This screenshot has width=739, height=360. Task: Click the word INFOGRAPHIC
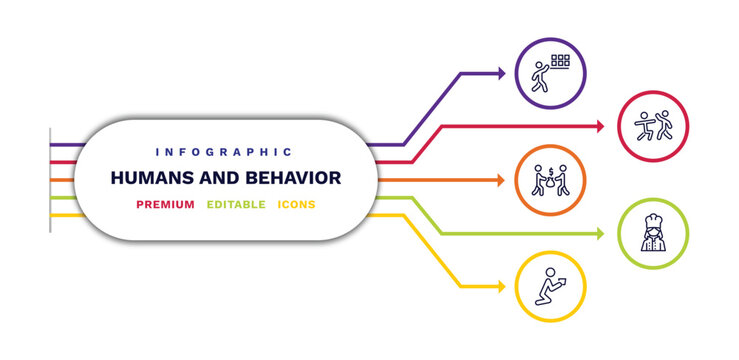(224, 152)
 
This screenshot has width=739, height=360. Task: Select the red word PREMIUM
(166, 205)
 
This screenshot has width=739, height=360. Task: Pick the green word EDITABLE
(236, 205)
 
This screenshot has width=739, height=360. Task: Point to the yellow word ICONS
(296, 205)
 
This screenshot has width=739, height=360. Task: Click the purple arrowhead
(501, 73)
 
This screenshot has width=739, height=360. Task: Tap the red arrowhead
(600, 127)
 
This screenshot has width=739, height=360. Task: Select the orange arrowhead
(500, 181)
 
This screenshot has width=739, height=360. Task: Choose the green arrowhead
(600, 234)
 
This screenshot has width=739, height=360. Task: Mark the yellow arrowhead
(500, 288)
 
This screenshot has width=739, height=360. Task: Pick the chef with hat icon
(654, 234)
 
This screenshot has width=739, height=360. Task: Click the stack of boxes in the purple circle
(560, 62)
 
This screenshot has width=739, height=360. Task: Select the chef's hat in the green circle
(654, 219)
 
